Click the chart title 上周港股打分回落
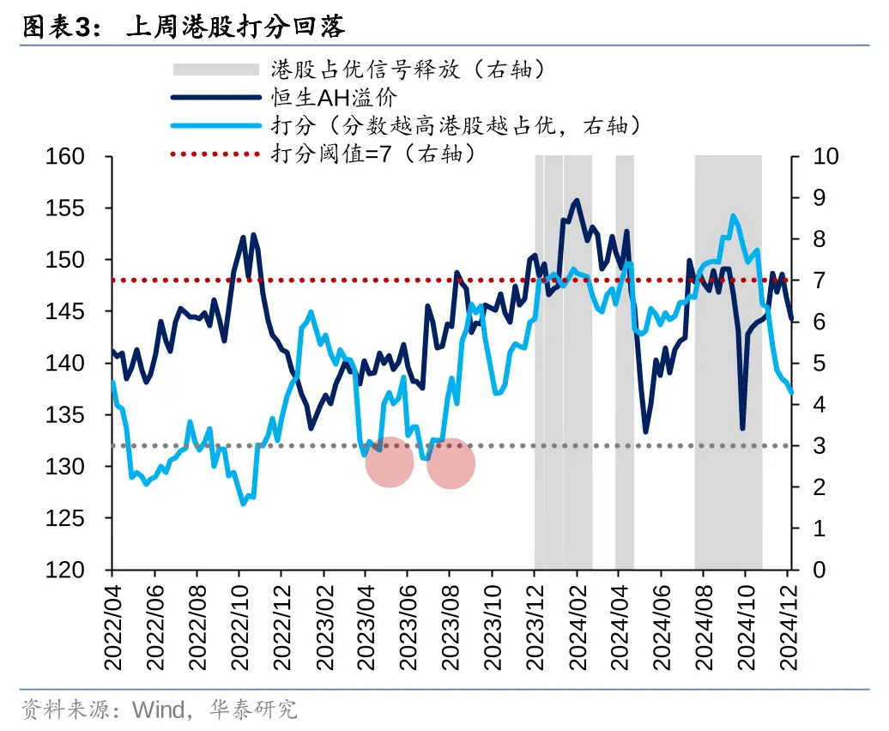click(235, 27)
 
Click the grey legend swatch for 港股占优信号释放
click(215, 69)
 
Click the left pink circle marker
click(390, 462)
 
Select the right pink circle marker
click(451, 462)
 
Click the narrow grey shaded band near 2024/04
click(625, 360)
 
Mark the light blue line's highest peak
click(733, 216)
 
